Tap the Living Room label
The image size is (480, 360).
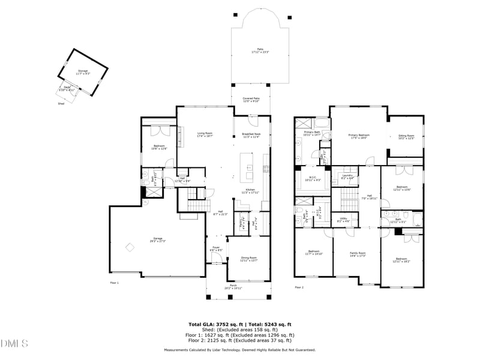[x=205, y=134]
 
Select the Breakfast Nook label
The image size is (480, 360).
[x=251, y=135]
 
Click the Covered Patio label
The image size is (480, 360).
[x=251, y=100]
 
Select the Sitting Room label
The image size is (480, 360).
[x=406, y=137]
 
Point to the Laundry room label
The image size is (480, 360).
[x=347, y=176]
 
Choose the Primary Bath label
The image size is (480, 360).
[x=313, y=133]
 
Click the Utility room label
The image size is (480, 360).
[x=344, y=220]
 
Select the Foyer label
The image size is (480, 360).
[x=217, y=248]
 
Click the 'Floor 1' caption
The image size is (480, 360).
[x=114, y=282]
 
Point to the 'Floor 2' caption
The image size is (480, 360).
[x=299, y=287]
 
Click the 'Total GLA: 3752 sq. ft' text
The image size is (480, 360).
[x=214, y=324]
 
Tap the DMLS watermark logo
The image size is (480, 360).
[x=14, y=343]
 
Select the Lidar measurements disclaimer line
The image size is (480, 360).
[x=240, y=350]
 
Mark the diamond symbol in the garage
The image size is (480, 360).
[x=128, y=247]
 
